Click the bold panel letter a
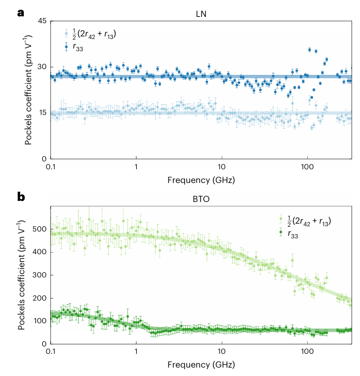pos(21,12)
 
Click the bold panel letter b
pos(22,197)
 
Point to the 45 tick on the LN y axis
pos(41,21)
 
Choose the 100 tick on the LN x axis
pos(307,166)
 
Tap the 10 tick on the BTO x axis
pos(222,351)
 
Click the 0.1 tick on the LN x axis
pos(51,166)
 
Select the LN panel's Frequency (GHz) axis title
pos(202,179)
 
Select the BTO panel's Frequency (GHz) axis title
pos(202,364)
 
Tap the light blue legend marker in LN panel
pos(66,34)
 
